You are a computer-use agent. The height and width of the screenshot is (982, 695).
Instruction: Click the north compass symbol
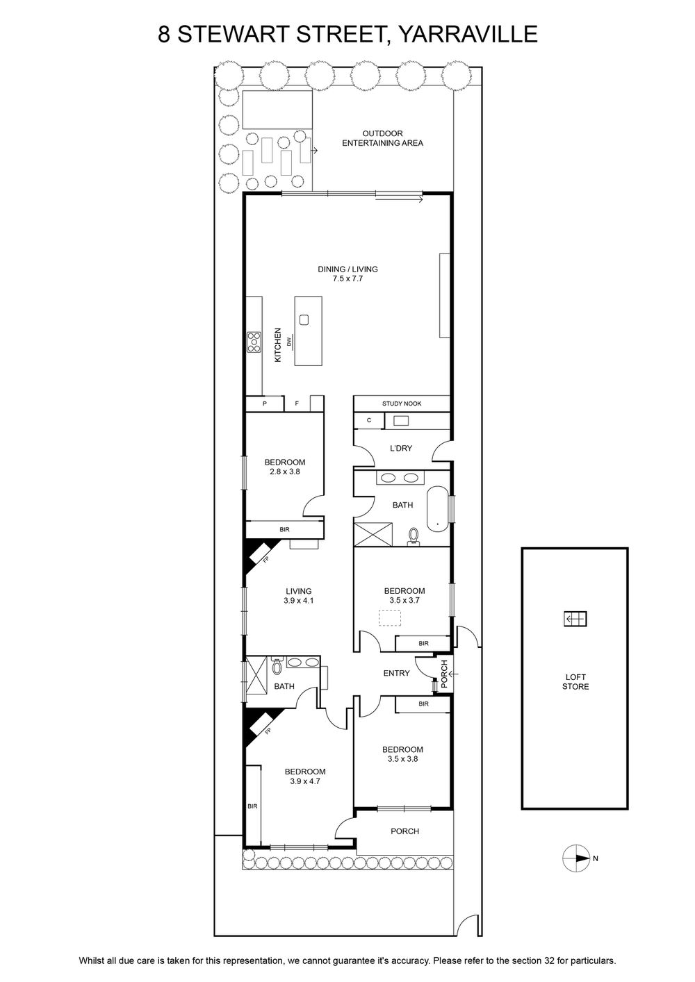(575, 858)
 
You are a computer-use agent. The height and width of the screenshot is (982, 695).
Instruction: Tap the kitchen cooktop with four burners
(254, 342)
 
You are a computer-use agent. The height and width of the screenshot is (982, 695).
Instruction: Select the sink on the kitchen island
(304, 320)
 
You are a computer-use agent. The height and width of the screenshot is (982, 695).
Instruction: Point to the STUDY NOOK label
(402, 403)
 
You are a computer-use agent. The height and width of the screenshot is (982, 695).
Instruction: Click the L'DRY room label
(401, 448)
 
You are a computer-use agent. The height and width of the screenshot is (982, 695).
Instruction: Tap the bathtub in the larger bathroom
(437, 508)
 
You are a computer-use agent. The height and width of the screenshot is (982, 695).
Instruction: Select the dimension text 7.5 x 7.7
(347, 278)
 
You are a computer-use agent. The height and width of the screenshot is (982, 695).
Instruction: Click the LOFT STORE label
(575, 682)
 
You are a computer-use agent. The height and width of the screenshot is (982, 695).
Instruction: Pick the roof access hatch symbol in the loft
(575, 619)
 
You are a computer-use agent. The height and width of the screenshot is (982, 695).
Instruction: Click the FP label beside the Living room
(266, 560)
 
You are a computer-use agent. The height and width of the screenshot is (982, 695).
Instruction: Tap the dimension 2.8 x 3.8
(285, 472)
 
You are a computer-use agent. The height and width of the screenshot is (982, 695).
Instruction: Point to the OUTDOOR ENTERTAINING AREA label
(382, 138)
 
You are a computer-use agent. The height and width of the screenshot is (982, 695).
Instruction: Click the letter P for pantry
(265, 403)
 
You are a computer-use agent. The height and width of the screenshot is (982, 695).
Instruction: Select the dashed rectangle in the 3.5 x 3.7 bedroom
(389, 619)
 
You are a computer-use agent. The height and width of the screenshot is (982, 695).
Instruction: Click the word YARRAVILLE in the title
(468, 34)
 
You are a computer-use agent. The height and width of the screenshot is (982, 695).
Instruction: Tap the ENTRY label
(396, 673)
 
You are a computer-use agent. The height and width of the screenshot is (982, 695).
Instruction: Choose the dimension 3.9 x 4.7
(305, 781)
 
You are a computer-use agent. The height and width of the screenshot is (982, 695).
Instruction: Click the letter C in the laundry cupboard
(369, 420)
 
